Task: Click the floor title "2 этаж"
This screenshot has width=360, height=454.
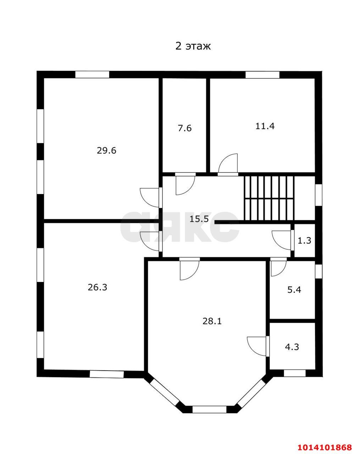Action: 193,46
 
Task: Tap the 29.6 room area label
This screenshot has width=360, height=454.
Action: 106,150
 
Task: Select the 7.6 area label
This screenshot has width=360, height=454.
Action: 184,128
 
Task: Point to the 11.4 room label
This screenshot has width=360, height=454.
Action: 265,126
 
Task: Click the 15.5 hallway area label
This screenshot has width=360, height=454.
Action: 199,219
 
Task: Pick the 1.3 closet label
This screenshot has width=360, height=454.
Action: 304,240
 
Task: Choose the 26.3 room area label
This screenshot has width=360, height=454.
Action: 97,287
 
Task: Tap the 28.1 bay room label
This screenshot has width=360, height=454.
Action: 212,321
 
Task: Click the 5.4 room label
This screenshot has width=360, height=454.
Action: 294,290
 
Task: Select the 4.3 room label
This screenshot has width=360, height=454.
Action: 292,347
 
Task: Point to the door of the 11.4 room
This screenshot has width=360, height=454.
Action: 228,165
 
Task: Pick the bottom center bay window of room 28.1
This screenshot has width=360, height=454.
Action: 209,409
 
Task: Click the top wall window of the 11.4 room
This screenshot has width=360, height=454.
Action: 262,75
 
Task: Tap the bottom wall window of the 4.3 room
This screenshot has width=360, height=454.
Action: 294,373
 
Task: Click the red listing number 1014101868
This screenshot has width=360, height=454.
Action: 325,447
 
